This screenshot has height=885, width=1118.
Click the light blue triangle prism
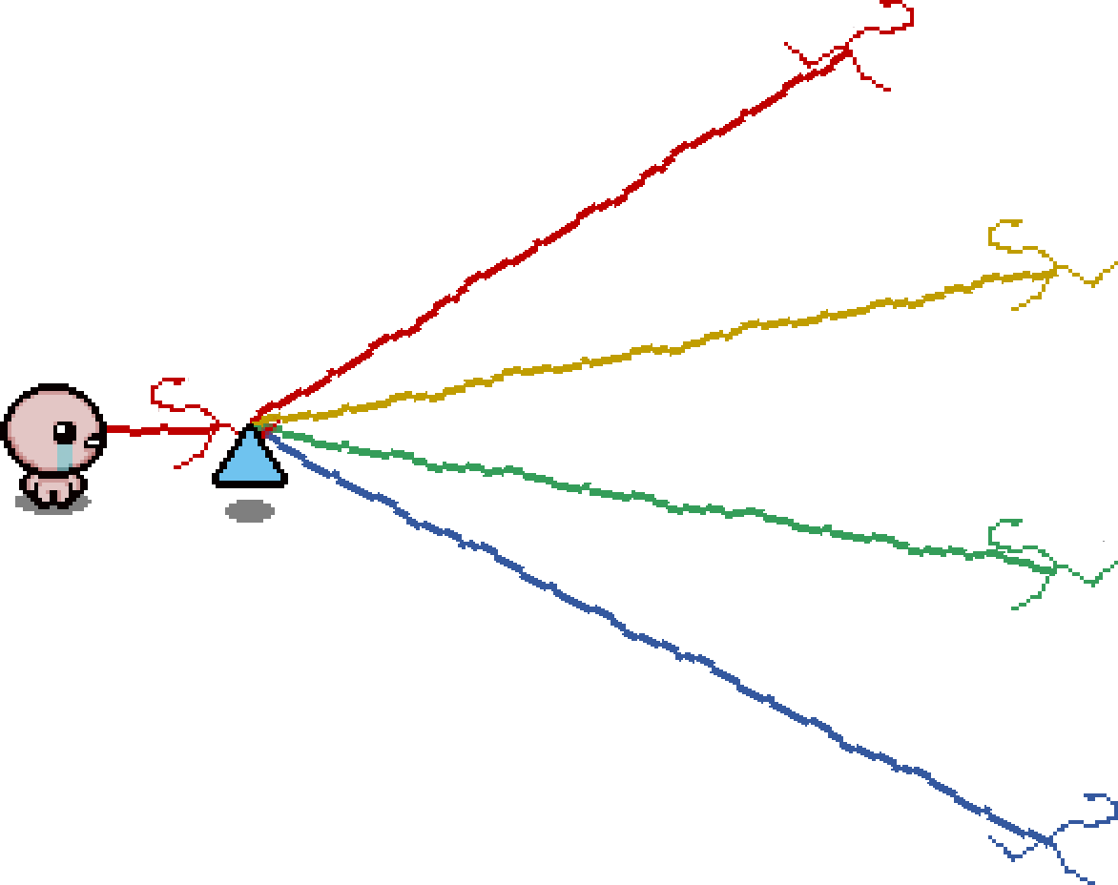[x=250, y=461]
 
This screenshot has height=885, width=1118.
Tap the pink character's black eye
[x=65, y=432]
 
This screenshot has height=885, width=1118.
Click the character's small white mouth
[x=93, y=442]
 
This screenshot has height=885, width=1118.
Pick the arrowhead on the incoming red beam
[x=225, y=429]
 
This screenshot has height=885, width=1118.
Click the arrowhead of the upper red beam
[x=845, y=51]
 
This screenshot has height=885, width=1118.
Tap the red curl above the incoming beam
[x=168, y=385]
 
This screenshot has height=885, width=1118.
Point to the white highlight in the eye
[x=68, y=428]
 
